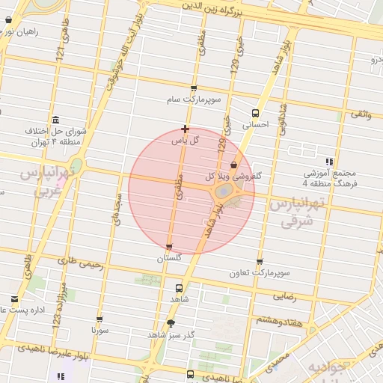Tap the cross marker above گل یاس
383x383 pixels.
[185, 129]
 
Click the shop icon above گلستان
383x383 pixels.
[169, 247]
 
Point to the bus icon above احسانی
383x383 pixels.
[256, 114]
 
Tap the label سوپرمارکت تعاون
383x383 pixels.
[260, 274]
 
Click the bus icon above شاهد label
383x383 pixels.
[178, 287]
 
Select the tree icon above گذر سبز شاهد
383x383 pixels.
[171, 323]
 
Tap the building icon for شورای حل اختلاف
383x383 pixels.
[56, 120]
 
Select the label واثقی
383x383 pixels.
[360, 114]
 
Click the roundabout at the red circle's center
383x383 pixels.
[224, 192]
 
